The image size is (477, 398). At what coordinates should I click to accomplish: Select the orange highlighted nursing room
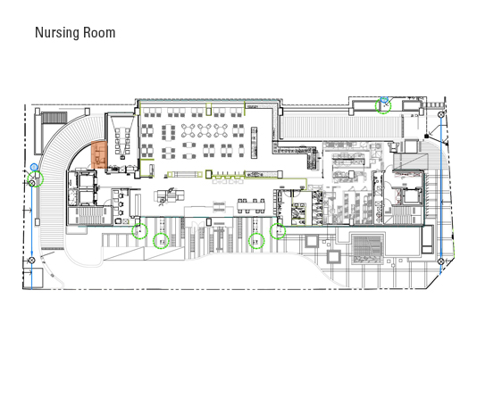tap(99, 155)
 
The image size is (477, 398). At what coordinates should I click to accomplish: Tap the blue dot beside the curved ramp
tap(34, 167)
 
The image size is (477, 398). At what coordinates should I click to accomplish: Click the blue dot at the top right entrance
tap(384, 99)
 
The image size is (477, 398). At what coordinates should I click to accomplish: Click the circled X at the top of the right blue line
tap(441, 114)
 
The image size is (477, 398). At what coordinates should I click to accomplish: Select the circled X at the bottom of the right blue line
tap(440, 261)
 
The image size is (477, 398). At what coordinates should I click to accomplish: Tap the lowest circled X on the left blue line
tap(31, 261)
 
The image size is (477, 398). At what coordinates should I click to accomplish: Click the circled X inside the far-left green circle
tap(31, 183)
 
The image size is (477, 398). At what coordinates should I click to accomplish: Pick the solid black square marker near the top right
tap(426, 136)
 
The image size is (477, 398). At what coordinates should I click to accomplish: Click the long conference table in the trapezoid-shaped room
tap(122, 141)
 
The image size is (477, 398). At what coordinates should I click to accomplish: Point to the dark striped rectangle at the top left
tap(54, 118)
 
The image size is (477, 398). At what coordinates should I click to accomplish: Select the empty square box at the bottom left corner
tap(33, 278)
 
